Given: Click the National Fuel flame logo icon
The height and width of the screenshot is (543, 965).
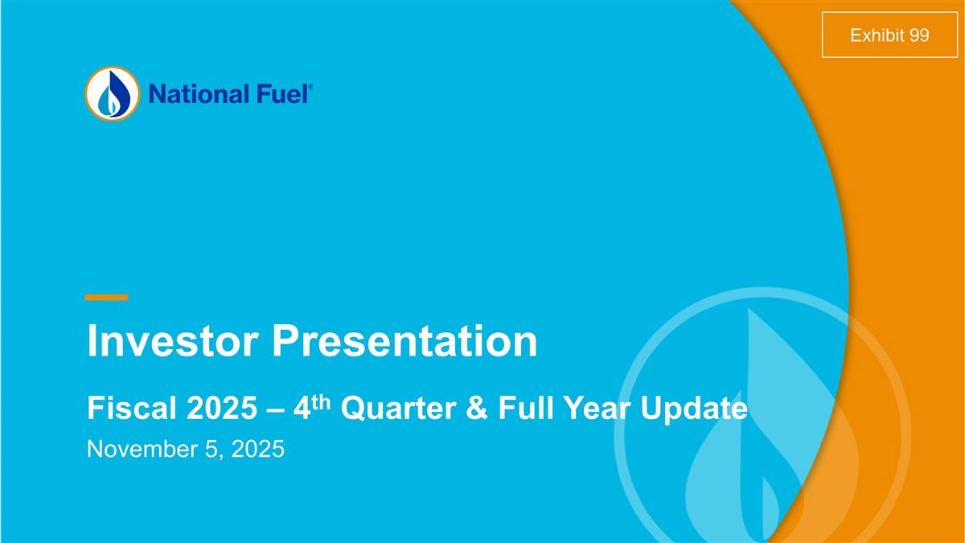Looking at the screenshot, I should point(112,93).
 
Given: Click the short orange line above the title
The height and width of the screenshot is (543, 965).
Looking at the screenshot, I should point(106,298).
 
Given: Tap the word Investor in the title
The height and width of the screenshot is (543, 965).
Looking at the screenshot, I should point(172,341).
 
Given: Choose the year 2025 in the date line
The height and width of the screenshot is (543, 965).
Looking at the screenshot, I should point(257,449).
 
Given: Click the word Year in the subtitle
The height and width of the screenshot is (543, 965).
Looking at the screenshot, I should point(602,409).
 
